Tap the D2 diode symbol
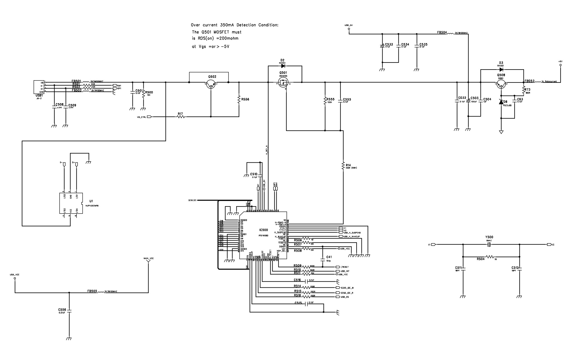pyautogui.click(x=283, y=66)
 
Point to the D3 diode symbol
pyautogui.click(x=501, y=69)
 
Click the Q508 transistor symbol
pyautogui.click(x=501, y=84)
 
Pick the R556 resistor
pyautogui.click(x=239, y=99)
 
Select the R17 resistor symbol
pyautogui.click(x=181, y=117)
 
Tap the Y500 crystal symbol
pyautogui.click(x=489, y=245)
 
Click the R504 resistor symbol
pyautogui.click(x=490, y=257)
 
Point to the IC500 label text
pyautogui.click(x=264, y=230)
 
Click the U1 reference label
pyautogui.click(x=91, y=201)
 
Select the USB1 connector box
pyautogui.click(x=39, y=87)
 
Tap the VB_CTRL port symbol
pyautogui.click(x=149, y=117)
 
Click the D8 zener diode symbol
pyautogui.click(x=501, y=102)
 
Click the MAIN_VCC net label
pyautogui.click(x=149, y=258)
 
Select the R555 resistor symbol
pyautogui.click(x=325, y=101)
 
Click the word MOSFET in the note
pyautogui.click(x=222, y=32)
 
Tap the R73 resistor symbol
pyautogui.click(x=523, y=90)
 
